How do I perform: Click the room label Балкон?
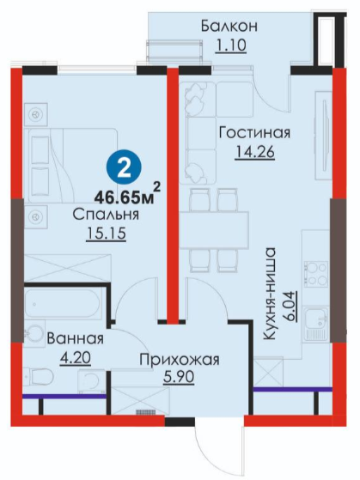pos(229,27)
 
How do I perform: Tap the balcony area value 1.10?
pos(231,46)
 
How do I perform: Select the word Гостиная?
pos(254,133)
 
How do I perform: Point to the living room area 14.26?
pos(254,152)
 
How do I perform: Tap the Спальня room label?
pos(106,215)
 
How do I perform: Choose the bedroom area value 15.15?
pos(107,234)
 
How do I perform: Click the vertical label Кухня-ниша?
pos(270,294)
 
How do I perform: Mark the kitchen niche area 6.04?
pos(290,306)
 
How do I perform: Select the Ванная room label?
pos(75,339)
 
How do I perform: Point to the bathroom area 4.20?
pos(76,358)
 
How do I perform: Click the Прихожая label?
pos(180,360)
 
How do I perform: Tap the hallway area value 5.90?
pos(179,378)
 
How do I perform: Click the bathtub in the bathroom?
pos(63,304)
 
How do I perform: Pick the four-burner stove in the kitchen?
pos(315,272)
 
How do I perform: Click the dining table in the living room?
pos(215,230)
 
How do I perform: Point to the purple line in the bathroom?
pos(64,397)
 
